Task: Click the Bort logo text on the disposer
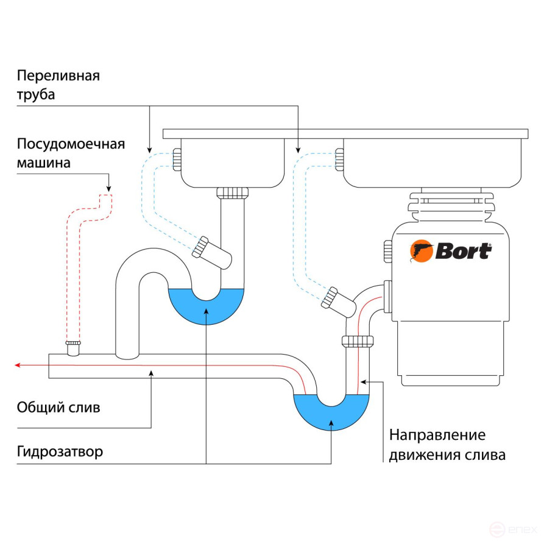pos(463,250)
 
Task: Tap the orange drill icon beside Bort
pos(421,251)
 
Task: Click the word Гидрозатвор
pos(60,452)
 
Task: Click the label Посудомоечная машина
pos(71,154)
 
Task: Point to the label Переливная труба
pos(58,85)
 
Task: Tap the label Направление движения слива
pos(447,445)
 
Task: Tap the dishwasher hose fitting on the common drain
pos(74,348)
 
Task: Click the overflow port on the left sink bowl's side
pos(177,160)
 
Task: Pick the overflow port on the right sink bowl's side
pos(339,160)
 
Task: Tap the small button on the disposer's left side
pos(387,251)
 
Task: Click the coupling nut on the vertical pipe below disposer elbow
pos(358,341)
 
